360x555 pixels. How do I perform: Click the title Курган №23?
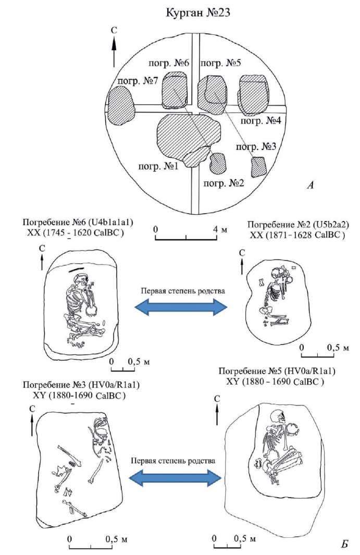[x=198, y=13]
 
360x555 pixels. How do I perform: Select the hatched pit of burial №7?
[x=121, y=106]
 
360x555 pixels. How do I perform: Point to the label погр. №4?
[x=260, y=120]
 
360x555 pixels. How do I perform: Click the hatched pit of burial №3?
[x=259, y=167]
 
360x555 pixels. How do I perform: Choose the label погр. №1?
[x=158, y=165]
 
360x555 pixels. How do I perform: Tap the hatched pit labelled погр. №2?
[x=218, y=163]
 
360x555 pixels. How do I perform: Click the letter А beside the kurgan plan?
[x=310, y=185]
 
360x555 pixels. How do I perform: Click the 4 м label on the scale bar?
[x=219, y=229]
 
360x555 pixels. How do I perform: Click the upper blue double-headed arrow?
[x=181, y=307]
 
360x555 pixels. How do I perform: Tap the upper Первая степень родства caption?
[x=183, y=291]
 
